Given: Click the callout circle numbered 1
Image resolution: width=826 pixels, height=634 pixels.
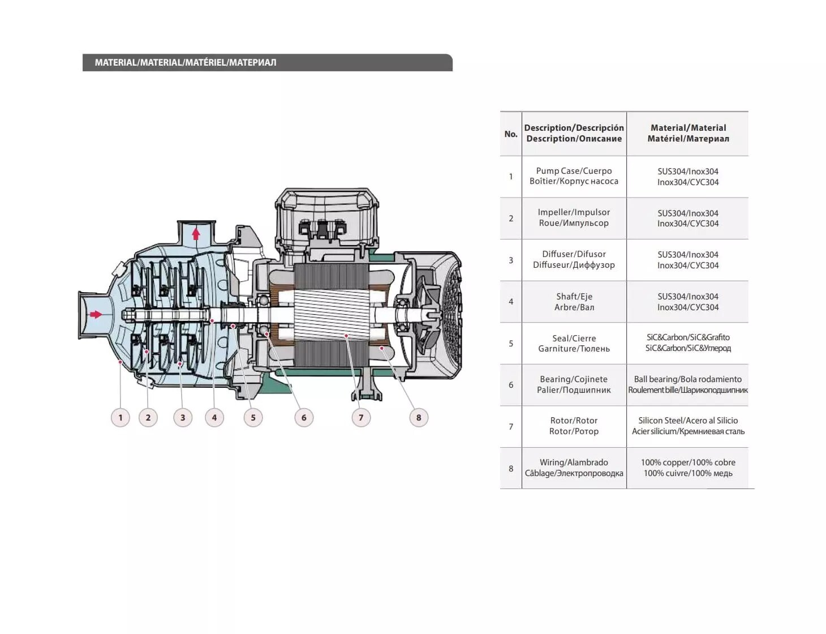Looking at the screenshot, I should point(120,418).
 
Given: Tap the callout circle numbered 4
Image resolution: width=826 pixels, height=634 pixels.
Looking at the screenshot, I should point(214,418).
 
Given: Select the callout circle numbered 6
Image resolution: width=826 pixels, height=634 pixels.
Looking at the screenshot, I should point(304,418).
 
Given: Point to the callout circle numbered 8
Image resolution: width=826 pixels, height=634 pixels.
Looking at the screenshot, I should point(419,418).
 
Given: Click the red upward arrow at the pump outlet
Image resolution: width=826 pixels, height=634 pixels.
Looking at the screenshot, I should point(196,233).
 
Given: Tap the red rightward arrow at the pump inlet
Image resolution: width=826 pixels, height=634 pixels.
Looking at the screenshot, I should point(96,314).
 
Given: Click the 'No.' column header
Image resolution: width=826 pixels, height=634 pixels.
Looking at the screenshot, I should point(511,134).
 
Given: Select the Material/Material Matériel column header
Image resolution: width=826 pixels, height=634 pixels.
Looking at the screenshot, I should point(688,134).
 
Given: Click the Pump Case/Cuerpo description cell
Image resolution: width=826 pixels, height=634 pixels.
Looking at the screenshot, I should point(574,176).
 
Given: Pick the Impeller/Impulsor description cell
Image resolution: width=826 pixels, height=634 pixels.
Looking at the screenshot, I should point(574,218).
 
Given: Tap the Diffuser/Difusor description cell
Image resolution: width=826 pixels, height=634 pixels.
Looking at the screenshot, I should point(574,260).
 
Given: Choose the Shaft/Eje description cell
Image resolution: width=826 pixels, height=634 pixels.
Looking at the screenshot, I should point(574,302).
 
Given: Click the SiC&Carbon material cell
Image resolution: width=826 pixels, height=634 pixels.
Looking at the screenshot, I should point(688,343).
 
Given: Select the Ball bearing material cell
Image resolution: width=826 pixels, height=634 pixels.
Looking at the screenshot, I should point(688,385).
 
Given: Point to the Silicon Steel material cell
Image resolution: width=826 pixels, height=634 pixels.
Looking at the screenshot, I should point(688,426).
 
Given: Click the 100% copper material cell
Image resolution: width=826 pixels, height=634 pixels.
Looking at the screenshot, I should point(688,468).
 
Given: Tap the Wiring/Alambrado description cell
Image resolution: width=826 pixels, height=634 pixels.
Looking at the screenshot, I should point(574,468).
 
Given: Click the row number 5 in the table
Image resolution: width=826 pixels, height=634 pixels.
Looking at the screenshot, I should point(511,344).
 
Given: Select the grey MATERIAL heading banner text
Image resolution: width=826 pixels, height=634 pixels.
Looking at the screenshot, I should point(186,63).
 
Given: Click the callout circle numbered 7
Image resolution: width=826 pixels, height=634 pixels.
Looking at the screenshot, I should point(361,418).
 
